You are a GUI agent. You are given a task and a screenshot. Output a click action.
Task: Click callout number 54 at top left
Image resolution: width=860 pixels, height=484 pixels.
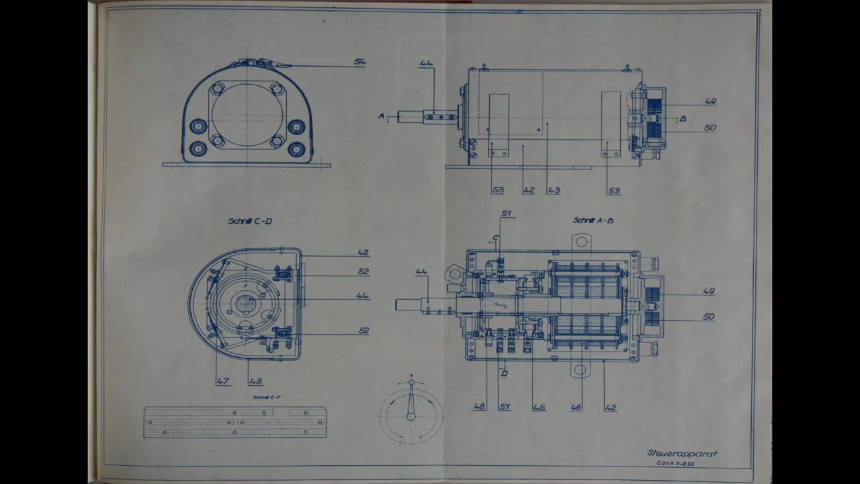click(x=359, y=62)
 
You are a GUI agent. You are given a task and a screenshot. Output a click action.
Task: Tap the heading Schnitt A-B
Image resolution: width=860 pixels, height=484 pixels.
click(x=593, y=220)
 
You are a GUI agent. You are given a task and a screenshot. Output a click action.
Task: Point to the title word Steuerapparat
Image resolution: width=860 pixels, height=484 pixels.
click(x=682, y=453)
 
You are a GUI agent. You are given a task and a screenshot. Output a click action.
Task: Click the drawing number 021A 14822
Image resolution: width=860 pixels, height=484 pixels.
click(x=675, y=464)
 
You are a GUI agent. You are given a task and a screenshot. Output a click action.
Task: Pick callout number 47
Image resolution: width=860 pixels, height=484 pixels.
click(x=222, y=381)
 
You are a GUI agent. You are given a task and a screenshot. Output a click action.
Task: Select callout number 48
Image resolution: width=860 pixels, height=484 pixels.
click(x=478, y=407)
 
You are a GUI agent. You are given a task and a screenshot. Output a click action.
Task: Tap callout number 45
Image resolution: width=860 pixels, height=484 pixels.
click(x=538, y=407)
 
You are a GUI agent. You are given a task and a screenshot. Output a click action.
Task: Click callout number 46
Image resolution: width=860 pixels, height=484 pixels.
click(x=576, y=407)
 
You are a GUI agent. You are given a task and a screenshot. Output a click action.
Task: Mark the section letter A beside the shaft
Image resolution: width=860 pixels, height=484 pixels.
click(x=381, y=116)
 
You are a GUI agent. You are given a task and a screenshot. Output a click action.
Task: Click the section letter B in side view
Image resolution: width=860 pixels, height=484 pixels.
click(x=683, y=119)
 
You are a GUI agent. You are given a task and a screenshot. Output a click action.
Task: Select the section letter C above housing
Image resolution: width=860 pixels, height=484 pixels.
click(x=495, y=237)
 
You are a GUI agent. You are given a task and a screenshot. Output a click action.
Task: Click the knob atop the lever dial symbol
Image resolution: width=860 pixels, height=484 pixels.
click(x=411, y=382)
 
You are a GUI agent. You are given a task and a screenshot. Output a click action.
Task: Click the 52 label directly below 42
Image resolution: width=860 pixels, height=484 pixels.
click(x=363, y=272)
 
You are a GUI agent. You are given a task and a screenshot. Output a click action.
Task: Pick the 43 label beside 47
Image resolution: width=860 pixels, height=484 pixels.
click(x=255, y=381)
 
